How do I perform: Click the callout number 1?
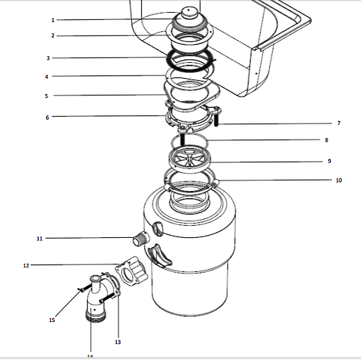tap(53, 20)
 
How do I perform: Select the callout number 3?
tap(47, 58)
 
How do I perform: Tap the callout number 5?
tap(47, 96)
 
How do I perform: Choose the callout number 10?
tap(338, 180)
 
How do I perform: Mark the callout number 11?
tap(39, 238)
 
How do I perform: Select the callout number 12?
tap(26, 265)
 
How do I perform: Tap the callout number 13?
tap(118, 342)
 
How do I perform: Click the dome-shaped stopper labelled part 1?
tap(189, 17)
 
